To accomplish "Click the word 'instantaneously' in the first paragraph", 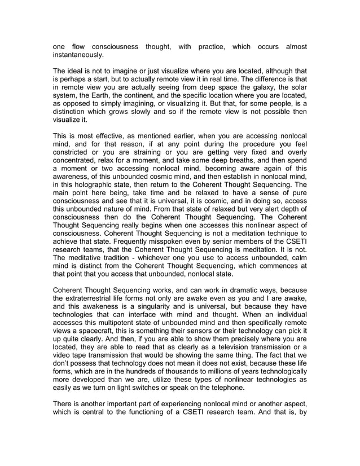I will pyautogui.click(x=78, y=56).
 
